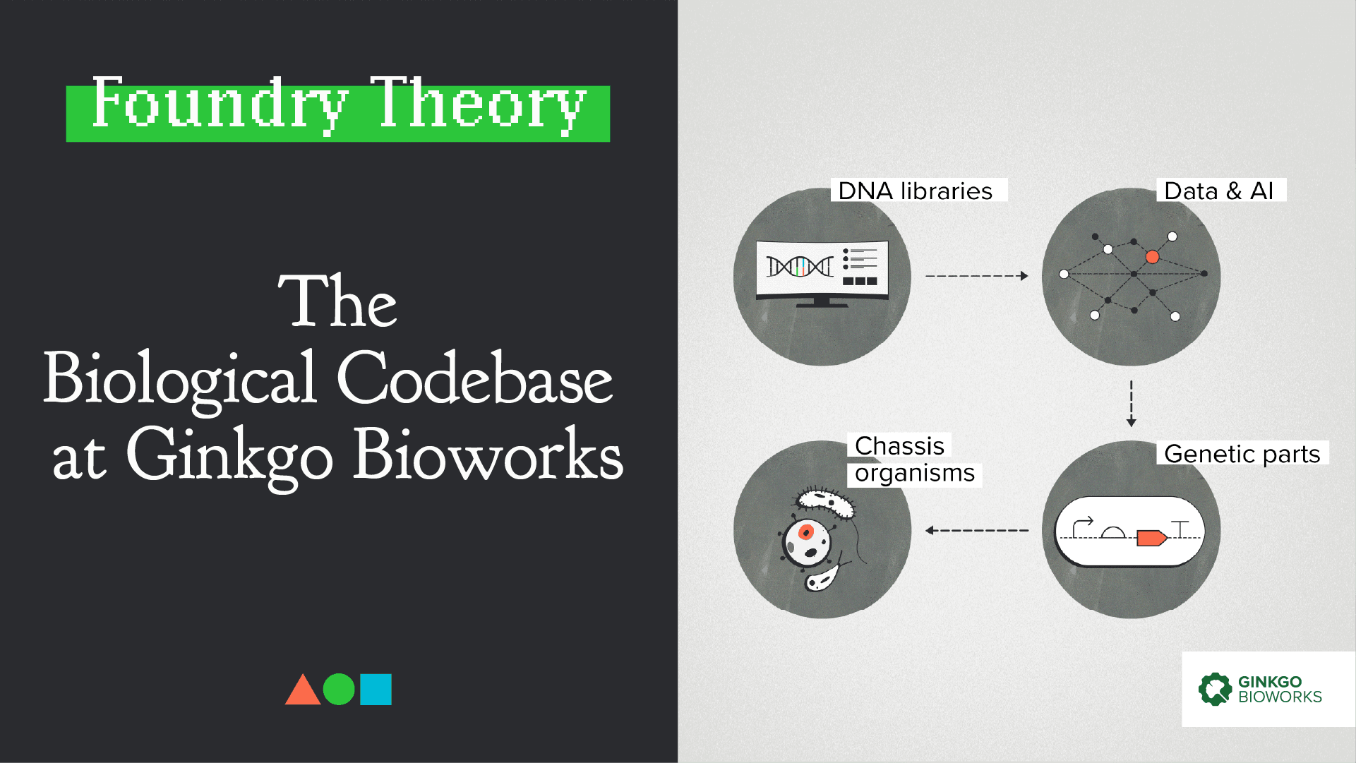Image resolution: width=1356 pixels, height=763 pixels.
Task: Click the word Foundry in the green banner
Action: [220, 104]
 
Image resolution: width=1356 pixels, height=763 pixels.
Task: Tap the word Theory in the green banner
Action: [478, 104]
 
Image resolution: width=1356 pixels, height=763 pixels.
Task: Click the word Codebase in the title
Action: [474, 378]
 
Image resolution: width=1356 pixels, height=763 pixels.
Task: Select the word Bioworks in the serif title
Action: [488, 455]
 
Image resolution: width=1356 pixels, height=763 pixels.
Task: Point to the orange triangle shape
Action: [303, 690]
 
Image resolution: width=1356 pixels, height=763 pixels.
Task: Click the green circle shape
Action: [339, 690]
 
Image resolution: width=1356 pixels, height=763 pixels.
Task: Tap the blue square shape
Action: [376, 690]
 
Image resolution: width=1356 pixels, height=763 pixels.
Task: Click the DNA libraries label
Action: [916, 191]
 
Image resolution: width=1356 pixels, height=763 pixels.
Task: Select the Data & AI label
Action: [1219, 191]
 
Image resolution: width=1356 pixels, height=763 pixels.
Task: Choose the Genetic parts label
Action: [1242, 453]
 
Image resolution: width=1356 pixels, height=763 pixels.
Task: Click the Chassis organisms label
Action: [914, 459]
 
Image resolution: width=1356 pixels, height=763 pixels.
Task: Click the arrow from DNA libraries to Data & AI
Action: [977, 276]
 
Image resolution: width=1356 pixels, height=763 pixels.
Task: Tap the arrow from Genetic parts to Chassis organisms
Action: [977, 530]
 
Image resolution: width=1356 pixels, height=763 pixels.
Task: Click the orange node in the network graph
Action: [1152, 257]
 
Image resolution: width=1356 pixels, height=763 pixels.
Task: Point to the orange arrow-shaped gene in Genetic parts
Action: [1151, 539]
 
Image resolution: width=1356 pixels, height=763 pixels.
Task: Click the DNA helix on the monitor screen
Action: [800, 267]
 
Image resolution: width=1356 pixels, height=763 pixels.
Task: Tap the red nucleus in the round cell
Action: [805, 532]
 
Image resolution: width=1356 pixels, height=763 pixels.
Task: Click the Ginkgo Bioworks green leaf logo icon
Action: [1215, 689]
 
